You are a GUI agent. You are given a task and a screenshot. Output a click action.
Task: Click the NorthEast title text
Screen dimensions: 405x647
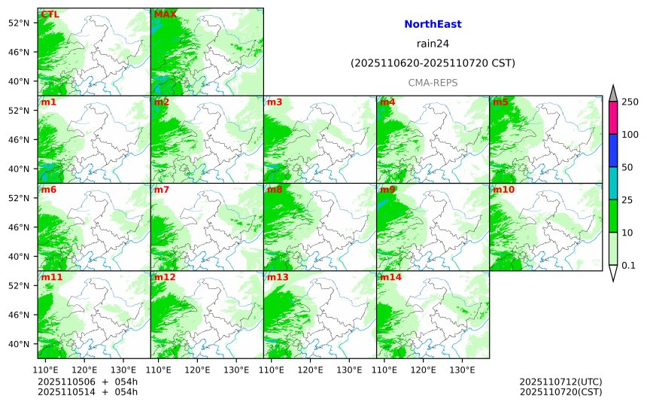click(x=433, y=25)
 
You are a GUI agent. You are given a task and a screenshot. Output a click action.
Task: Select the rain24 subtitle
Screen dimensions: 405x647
click(x=433, y=44)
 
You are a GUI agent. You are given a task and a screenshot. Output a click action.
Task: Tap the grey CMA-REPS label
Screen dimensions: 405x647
click(x=433, y=83)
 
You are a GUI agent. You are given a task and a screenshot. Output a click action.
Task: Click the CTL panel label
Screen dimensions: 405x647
click(x=50, y=14)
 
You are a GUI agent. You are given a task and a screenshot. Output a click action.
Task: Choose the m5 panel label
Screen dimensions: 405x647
click(x=500, y=102)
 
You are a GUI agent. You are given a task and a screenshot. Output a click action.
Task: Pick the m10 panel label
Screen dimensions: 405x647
click(x=503, y=190)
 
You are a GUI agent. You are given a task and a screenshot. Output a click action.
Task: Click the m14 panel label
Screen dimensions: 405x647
click(x=390, y=277)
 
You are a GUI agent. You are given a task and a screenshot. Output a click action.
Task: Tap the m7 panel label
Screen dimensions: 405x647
click(x=162, y=190)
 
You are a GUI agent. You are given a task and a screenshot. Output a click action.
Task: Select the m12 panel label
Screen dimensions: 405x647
click(x=165, y=277)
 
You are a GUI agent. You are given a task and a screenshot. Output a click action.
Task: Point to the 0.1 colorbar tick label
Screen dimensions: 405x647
click(x=628, y=265)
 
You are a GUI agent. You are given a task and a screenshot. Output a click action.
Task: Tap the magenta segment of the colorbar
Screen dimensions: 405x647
click(x=613, y=117)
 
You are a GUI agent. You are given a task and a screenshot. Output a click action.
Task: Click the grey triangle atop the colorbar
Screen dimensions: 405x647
click(x=613, y=94)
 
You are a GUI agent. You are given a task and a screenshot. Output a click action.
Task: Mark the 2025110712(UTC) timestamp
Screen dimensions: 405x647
click(x=560, y=382)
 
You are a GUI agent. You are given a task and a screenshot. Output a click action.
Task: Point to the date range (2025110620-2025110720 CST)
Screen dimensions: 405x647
click(x=433, y=63)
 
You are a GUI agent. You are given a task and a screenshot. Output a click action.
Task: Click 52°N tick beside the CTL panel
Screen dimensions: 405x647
click(x=17, y=23)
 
